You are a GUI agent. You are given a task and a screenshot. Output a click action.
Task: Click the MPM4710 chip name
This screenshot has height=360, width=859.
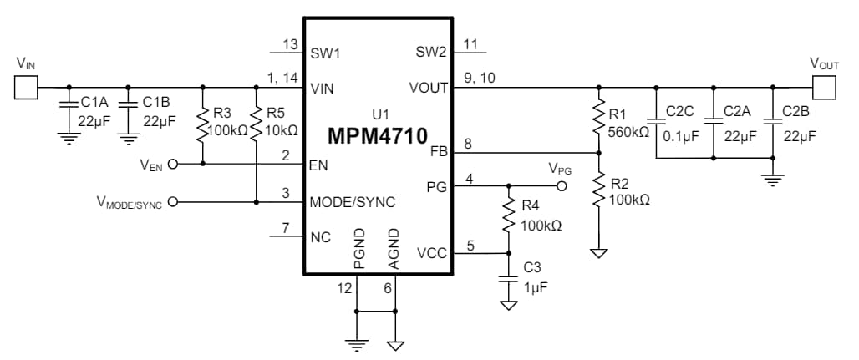click(377, 135)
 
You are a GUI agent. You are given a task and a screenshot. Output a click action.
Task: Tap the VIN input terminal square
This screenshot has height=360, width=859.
click(25, 87)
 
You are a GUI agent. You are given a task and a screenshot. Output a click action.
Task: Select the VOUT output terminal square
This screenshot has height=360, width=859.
click(825, 87)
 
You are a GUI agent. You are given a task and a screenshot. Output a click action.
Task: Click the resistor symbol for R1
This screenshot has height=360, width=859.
click(598, 119)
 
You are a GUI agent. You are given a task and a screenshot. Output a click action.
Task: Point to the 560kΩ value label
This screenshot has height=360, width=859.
click(628, 131)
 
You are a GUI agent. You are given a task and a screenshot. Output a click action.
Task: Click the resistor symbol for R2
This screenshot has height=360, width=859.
click(598, 190)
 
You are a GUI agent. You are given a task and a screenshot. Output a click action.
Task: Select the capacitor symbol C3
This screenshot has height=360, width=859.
click(508, 281)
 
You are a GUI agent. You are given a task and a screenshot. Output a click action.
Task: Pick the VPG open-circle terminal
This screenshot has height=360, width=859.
click(564, 186)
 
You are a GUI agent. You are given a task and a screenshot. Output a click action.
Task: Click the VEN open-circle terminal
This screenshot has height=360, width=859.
click(174, 165)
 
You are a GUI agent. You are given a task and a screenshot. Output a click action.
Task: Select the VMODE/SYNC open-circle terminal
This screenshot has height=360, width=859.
click(174, 201)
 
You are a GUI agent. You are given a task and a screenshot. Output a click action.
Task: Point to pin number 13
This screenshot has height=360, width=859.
click(290, 44)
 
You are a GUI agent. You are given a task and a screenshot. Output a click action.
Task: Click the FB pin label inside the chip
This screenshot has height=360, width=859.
click(439, 152)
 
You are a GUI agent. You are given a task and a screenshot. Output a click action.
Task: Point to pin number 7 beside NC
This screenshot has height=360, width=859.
click(286, 228)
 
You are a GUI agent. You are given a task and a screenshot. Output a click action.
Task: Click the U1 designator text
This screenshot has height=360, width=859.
click(380, 114)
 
